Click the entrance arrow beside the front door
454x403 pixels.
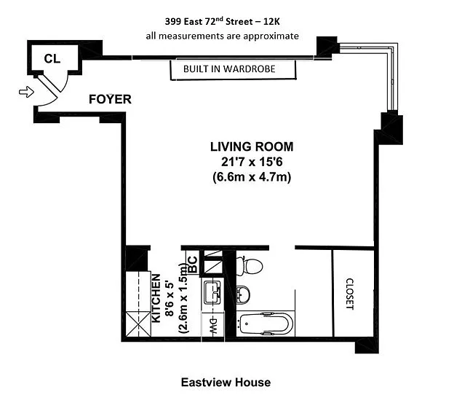point(26,92)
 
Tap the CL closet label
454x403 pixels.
point(52,59)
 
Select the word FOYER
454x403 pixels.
point(110,99)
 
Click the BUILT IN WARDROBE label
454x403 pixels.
point(229,69)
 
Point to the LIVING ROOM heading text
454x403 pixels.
point(252,146)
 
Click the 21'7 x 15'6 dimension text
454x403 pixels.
point(252,162)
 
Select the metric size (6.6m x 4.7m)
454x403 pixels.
point(252,177)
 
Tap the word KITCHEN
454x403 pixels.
point(156,298)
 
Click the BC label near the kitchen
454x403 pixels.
point(193,265)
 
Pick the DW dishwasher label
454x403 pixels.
point(212,326)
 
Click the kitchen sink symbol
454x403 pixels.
point(212,292)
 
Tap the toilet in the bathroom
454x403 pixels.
point(250,265)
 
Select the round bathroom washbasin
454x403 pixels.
point(242,294)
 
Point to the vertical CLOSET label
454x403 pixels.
point(350,294)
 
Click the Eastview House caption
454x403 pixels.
point(226,383)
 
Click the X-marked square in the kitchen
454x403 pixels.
point(138,324)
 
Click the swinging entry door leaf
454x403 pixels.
point(49,85)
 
